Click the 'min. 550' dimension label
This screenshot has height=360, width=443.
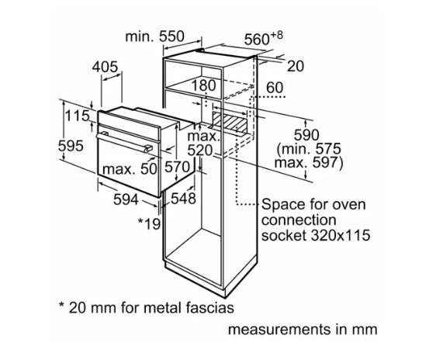(x=154, y=36)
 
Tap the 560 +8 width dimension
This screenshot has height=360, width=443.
(x=263, y=39)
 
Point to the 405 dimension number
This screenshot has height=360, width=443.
(x=105, y=67)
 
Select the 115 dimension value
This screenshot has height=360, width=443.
(x=77, y=116)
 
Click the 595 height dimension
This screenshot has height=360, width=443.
(x=71, y=146)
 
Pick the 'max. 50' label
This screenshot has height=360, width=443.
(x=130, y=169)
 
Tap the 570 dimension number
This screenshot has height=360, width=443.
(x=177, y=167)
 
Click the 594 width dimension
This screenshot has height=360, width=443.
(x=126, y=199)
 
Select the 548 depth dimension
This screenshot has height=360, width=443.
(x=183, y=199)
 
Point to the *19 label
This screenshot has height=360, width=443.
(x=149, y=223)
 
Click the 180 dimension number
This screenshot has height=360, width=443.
(x=203, y=85)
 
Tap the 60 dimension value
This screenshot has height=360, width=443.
(x=275, y=88)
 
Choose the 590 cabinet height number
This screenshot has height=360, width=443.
(x=306, y=135)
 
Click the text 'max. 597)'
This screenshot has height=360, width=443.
(x=309, y=163)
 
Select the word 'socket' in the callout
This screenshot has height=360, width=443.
(x=284, y=235)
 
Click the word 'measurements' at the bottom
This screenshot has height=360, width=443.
(x=279, y=330)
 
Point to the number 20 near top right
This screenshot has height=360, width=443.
(x=296, y=67)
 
